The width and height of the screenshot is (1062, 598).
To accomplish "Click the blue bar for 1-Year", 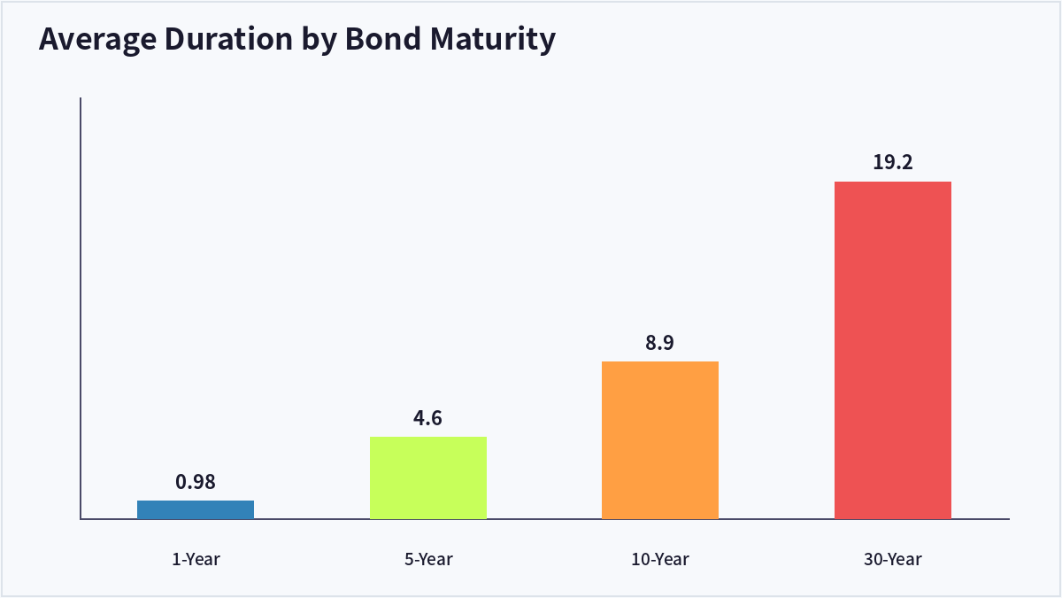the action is pyautogui.click(x=196, y=509).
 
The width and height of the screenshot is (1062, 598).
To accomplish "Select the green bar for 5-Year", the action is pyautogui.click(x=428, y=478).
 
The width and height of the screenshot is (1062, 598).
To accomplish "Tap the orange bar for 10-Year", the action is pyautogui.click(x=660, y=440).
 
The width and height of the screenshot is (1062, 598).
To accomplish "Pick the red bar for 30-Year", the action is pyautogui.click(x=893, y=350).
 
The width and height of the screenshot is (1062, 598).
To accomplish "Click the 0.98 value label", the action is pyautogui.click(x=196, y=482).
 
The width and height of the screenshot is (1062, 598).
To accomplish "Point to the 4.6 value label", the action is pyautogui.click(x=427, y=418).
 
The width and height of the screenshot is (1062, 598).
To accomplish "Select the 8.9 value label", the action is pyautogui.click(x=659, y=342).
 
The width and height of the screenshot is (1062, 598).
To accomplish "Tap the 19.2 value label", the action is pyautogui.click(x=893, y=162).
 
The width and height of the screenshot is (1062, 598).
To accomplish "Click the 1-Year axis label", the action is pyautogui.click(x=196, y=560).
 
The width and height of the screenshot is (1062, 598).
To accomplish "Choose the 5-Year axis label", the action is pyautogui.click(x=428, y=560).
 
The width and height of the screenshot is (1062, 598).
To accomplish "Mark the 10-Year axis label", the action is pyautogui.click(x=660, y=560).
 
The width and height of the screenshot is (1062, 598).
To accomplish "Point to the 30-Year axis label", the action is pyautogui.click(x=893, y=560).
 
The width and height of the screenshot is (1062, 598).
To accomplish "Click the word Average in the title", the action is pyautogui.click(x=97, y=39).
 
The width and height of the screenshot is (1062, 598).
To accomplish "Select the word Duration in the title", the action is pyautogui.click(x=228, y=38).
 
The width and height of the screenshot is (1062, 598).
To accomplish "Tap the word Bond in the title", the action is pyautogui.click(x=383, y=38).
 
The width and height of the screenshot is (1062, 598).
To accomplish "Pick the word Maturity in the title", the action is pyautogui.click(x=493, y=39).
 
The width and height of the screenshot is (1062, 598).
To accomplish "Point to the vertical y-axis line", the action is pyautogui.click(x=81, y=308).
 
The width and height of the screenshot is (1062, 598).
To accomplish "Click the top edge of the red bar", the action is pyautogui.click(x=893, y=183).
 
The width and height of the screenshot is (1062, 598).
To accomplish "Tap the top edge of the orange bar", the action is pyautogui.click(x=660, y=362).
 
